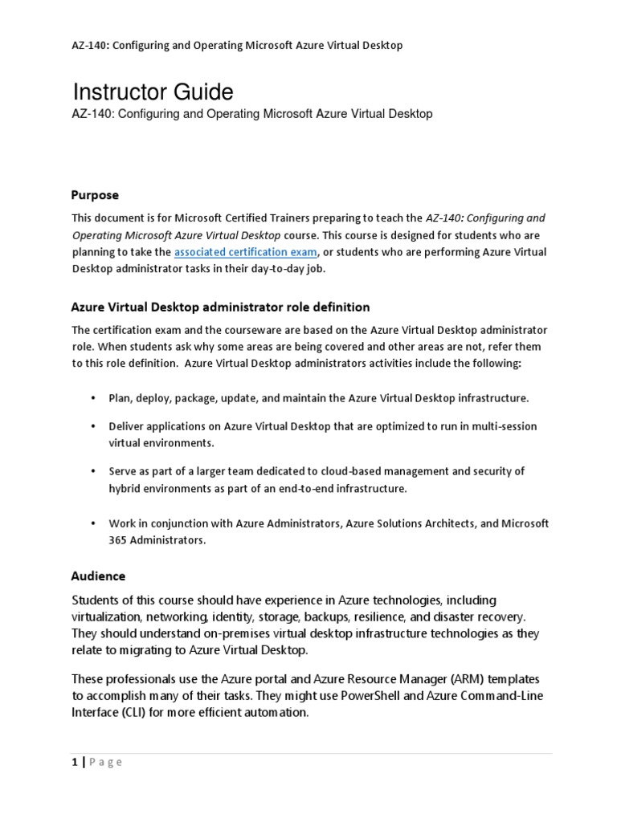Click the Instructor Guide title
click(x=153, y=91)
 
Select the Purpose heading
click(x=95, y=195)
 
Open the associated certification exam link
click(x=246, y=252)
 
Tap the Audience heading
click(x=98, y=576)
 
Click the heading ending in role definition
click(x=221, y=307)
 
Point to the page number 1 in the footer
click(x=74, y=762)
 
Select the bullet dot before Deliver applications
click(x=92, y=426)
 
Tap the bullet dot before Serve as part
click(x=92, y=471)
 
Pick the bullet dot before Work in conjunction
click(x=92, y=523)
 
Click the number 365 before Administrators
click(x=119, y=540)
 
